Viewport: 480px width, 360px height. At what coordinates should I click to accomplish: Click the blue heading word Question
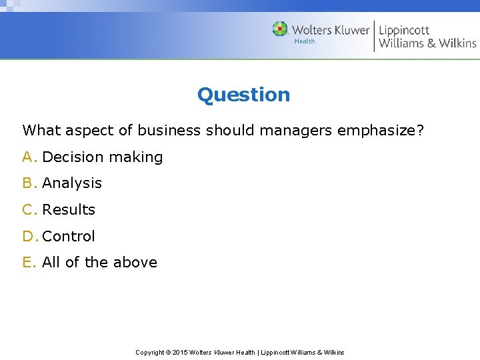point(243,95)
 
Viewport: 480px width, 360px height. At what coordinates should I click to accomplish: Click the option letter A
point(29,157)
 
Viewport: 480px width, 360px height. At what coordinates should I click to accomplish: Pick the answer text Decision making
point(102,157)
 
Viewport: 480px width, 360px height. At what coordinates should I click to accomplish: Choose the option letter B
point(29,183)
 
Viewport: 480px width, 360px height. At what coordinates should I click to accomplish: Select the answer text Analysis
point(72,183)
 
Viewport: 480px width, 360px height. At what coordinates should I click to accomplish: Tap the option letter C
point(29,210)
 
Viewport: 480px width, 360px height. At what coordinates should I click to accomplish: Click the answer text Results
point(69,210)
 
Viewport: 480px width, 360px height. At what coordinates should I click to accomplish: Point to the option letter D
point(29,237)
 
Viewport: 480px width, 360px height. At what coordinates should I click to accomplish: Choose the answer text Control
point(69,237)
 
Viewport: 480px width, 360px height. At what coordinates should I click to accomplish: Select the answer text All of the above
point(99,263)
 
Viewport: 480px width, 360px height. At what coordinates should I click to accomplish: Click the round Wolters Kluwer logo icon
point(280,29)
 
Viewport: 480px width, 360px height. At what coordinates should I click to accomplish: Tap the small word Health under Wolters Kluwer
point(305,41)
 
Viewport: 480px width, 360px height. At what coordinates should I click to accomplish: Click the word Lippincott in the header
point(404,30)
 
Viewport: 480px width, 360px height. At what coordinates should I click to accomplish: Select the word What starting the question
point(42,130)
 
